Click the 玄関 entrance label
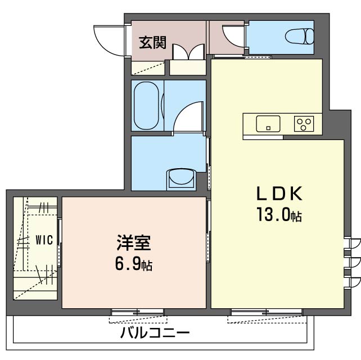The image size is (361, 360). click(x=152, y=43)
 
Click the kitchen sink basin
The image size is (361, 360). click(x=268, y=123)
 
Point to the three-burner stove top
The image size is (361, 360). click(x=304, y=123)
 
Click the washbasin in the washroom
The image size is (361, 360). click(x=180, y=178)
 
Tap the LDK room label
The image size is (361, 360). click(x=279, y=195)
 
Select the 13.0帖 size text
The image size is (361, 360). click(x=279, y=214)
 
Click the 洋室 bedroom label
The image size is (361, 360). click(x=133, y=245)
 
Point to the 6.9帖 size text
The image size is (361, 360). click(x=133, y=264)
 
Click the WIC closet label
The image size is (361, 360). click(x=43, y=240)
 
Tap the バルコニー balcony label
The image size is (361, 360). click(x=155, y=333)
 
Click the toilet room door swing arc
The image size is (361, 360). click(x=233, y=35)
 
